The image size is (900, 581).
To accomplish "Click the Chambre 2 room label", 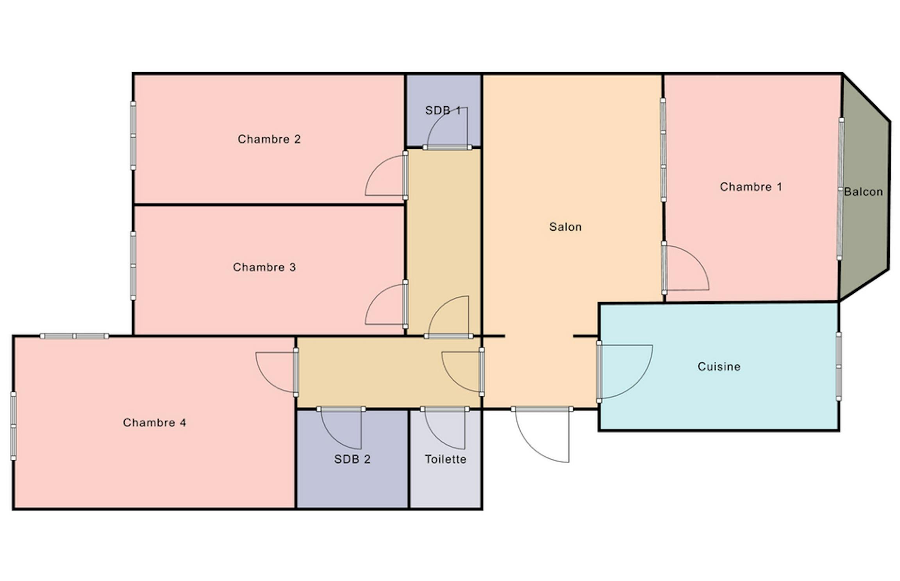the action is pyautogui.click(x=269, y=139).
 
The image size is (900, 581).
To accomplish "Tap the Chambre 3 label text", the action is pyautogui.click(x=264, y=267).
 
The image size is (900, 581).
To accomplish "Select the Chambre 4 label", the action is pyautogui.click(x=154, y=422).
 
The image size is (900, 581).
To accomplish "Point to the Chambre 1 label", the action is pyautogui.click(x=751, y=187).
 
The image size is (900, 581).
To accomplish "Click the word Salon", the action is pyautogui.click(x=565, y=227).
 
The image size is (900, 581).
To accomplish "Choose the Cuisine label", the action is pyautogui.click(x=719, y=367).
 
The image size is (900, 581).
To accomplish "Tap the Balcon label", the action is pyautogui.click(x=863, y=192).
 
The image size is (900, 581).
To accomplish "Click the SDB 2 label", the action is pyautogui.click(x=352, y=459).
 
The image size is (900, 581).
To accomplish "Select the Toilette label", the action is pyautogui.click(x=445, y=459).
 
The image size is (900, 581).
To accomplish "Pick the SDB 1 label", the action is pyautogui.click(x=443, y=110).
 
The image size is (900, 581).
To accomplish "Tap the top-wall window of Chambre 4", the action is pyautogui.click(x=74, y=336).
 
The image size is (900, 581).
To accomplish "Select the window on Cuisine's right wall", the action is pyautogui.click(x=838, y=367).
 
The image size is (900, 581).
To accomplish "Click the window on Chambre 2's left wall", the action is pyautogui.click(x=133, y=135).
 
